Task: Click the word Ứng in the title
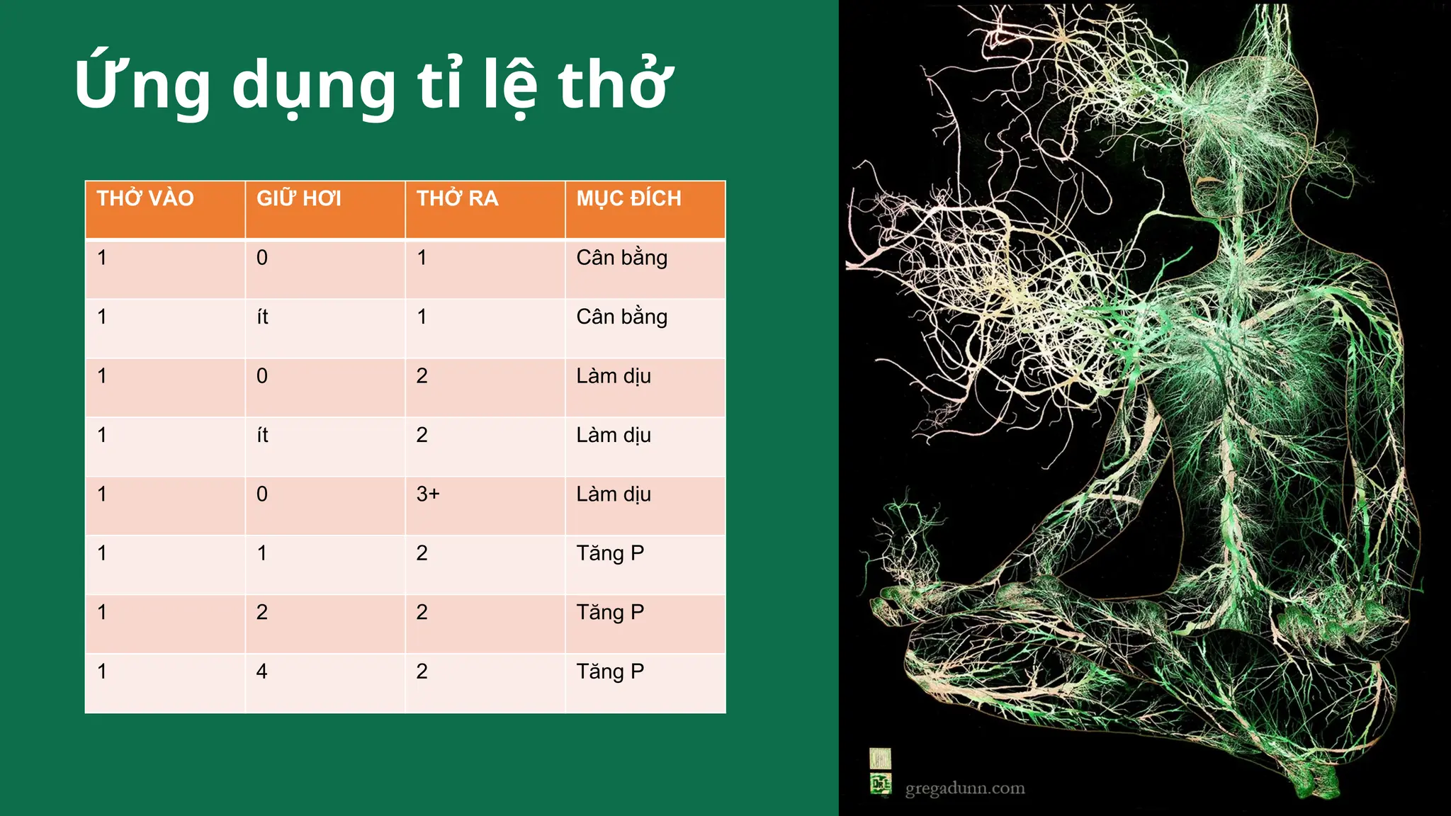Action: [142, 85]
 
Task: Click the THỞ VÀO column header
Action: [145, 198]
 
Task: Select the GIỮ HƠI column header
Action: [298, 198]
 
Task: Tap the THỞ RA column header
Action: [457, 198]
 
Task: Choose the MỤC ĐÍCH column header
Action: [628, 198]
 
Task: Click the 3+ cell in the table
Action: [428, 494]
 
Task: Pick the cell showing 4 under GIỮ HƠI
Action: [262, 671]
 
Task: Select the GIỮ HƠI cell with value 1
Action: [262, 552]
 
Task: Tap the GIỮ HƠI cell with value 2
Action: [262, 612]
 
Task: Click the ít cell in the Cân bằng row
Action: [263, 317]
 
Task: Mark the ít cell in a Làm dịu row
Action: [263, 435]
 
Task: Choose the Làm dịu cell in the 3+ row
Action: [613, 494]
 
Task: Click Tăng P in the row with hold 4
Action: [610, 671]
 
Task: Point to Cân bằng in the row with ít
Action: [621, 317]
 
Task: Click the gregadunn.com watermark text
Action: [965, 788]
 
